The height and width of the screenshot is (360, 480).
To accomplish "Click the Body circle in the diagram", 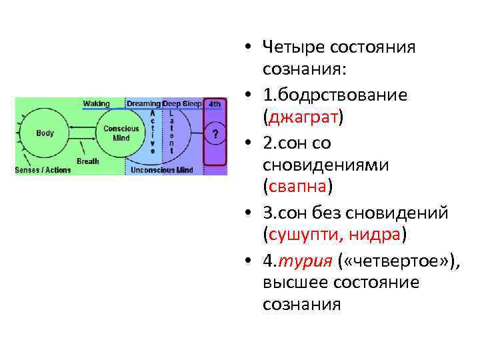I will tap(45, 133).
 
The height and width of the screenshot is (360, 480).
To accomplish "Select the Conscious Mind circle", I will tap(121, 133).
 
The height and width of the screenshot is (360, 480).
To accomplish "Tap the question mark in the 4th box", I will tap(215, 134).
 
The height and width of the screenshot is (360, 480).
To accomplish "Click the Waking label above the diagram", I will tap(97, 104).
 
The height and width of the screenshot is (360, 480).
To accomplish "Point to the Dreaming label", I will tap(144, 104).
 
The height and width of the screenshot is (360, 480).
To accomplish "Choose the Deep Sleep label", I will tap(182, 104).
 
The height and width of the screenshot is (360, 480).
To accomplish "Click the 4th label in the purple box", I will tap(215, 104).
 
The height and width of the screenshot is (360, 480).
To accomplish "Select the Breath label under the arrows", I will tap(88, 161).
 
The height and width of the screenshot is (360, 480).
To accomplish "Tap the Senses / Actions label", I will tap(43, 170).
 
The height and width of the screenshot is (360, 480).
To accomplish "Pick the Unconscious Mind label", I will tap(162, 170).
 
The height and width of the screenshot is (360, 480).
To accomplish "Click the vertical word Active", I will tap(153, 132).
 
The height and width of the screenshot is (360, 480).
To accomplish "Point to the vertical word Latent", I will tap(171, 132).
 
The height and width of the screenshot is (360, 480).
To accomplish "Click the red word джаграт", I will tap(303, 118).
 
